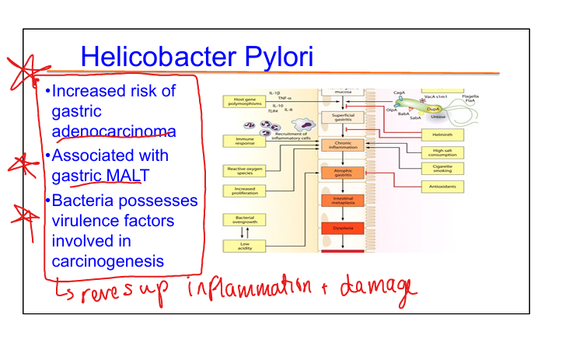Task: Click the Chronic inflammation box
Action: (x=343, y=145)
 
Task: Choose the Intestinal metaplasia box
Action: (x=343, y=201)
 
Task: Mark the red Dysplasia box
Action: (x=343, y=229)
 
